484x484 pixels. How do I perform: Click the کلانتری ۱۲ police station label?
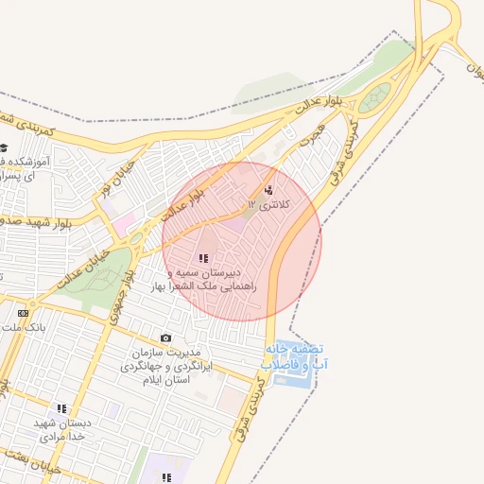click(x=270, y=204)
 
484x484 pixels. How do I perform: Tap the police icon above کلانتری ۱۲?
click(x=268, y=190)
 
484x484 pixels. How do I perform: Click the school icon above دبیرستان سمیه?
click(x=202, y=258)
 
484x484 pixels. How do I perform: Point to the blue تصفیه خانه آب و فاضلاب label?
click(x=296, y=355)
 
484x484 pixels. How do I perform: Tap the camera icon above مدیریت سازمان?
click(x=166, y=338)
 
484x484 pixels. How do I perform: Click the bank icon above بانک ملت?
click(x=23, y=313)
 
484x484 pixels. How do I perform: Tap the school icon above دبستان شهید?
click(x=62, y=409)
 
